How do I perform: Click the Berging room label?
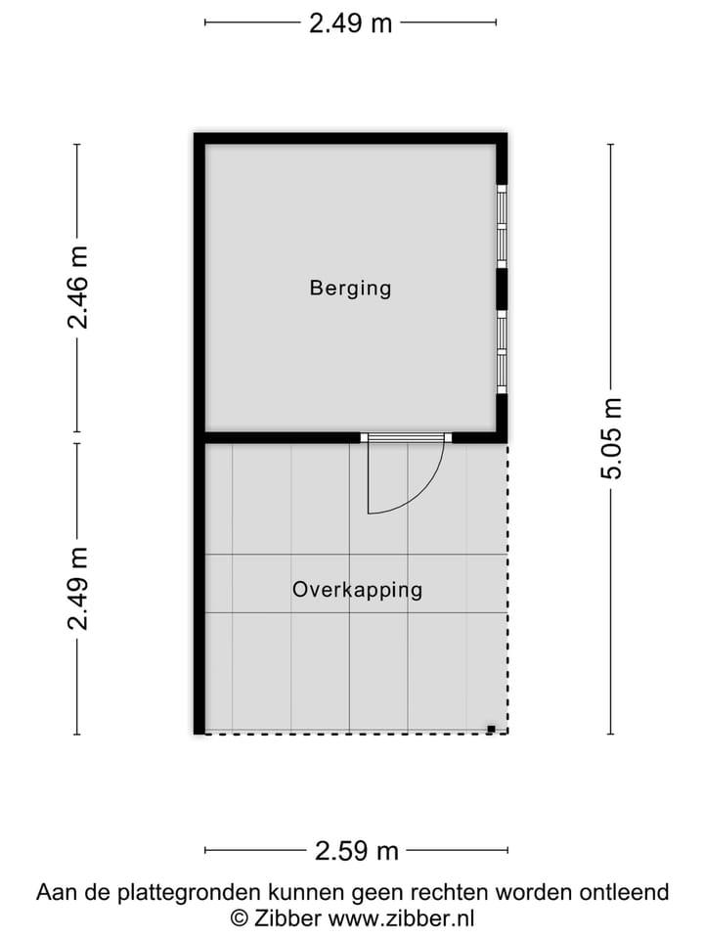[x=350, y=288]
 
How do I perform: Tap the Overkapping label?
[x=357, y=590]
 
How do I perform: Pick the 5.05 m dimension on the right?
[x=611, y=439]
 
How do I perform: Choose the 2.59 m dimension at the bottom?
[x=357, y=851]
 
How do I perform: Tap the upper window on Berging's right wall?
[x=502, y=226]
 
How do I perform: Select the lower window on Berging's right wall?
[x=502, y=351]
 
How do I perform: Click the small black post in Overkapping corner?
[x=492, y=728]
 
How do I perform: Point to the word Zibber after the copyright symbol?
[x=288, y=917]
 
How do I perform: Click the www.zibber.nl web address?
[x=401, y=917]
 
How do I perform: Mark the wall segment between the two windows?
[x=502, y=289]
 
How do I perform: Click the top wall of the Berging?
[x=350, y=139]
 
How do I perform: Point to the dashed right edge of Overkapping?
[x=507, y=587]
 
